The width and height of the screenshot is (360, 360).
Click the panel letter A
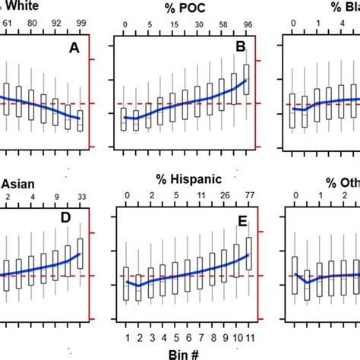74,49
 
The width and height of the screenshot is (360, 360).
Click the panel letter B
240,49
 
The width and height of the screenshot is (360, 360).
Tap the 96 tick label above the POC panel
246,24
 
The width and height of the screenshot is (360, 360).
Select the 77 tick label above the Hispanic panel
248,196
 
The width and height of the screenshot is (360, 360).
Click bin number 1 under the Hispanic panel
125,337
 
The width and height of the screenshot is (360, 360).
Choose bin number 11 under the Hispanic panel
248,337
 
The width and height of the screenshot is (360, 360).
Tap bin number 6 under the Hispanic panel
186,337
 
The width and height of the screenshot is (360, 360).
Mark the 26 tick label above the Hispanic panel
223,196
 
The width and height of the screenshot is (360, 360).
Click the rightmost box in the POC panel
247,78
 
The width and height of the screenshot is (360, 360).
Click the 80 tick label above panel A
32,24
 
